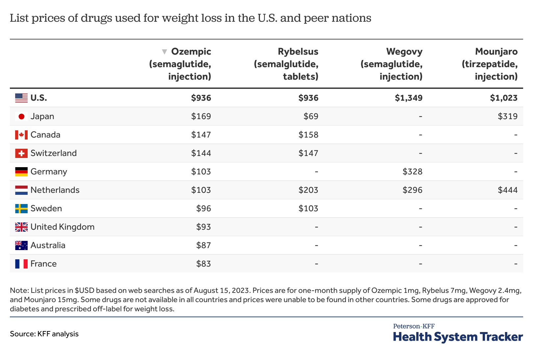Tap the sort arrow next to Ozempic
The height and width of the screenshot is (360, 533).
[165, 52]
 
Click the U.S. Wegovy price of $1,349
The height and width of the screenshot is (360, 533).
[409, 98]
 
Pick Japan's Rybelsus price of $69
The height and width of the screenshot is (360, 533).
[311, 116]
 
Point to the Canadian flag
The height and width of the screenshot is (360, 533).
[21, 135]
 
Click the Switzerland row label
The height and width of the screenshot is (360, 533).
[53, 153]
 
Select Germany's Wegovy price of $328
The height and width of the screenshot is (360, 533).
[412, 171]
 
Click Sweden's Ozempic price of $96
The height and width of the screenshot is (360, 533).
[203, 208]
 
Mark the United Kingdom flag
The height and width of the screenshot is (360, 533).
[21, 227]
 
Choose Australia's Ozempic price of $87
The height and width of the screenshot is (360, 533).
[203, 245]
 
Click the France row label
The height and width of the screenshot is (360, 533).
[43, 264]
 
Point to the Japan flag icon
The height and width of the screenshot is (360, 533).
[21, 116]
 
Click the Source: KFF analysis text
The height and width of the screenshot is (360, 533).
[44, 334]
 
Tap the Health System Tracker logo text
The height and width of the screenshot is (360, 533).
[458, 337]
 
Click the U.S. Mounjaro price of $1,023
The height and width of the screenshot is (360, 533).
[503, 98]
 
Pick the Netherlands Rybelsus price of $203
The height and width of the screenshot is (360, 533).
[308, 190]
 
